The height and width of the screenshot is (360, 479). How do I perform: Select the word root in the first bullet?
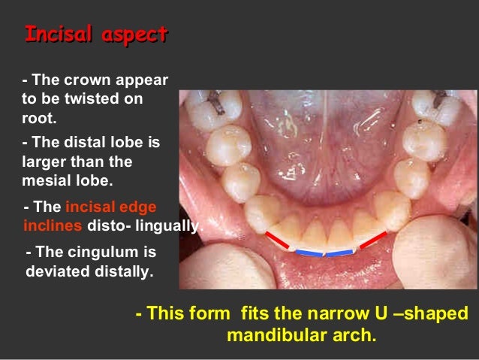tap(39, 117)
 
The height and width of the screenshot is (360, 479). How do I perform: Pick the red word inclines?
tap(55, 225)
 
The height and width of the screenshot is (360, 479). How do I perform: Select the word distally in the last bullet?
tap(124, 271)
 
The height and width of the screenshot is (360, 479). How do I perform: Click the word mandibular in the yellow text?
tap(280, 334)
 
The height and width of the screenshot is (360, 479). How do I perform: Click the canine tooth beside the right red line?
tap(391, 210)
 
